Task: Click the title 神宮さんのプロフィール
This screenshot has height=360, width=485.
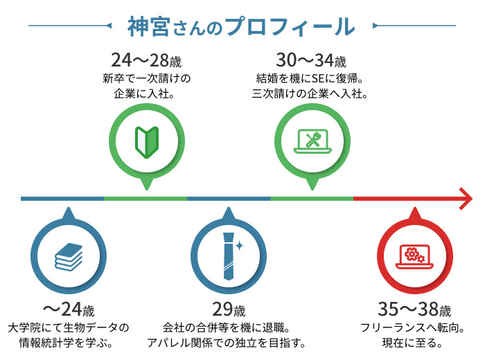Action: [242, 26]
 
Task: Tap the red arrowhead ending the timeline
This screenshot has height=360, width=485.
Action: [464, 199]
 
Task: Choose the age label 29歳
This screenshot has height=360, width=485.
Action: [227, 309]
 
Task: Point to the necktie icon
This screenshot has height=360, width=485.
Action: [227, 255]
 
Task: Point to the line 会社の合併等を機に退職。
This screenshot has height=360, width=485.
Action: [227, 327]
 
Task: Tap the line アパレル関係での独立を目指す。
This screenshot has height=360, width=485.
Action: [227, 342]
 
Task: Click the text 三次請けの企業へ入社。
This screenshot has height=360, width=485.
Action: [309, 92]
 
